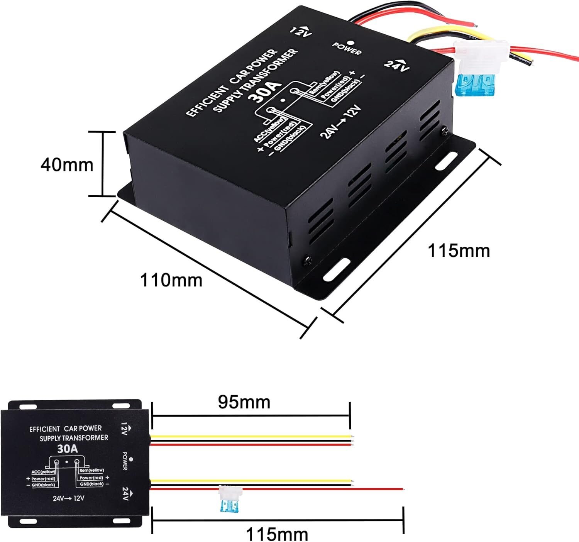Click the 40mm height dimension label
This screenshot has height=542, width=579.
[x=67, y=165]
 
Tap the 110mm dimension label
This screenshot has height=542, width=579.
[x=171, y=280]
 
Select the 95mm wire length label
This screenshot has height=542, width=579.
[x=244, y=402]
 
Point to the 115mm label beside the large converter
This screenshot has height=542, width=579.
[x=459, y=251]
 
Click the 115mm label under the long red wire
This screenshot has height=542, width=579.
[x=277, y=534]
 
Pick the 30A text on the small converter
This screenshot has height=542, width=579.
[x=68, y=449]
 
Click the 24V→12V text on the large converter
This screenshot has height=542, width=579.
[x=340, y=122]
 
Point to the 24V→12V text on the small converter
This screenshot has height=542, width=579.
[x=69, y=498]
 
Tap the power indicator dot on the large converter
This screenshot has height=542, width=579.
[x=350, y=43]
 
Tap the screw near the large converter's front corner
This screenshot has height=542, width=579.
[x=308, y=261]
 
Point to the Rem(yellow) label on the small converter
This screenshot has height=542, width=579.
[x=91, y=470]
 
